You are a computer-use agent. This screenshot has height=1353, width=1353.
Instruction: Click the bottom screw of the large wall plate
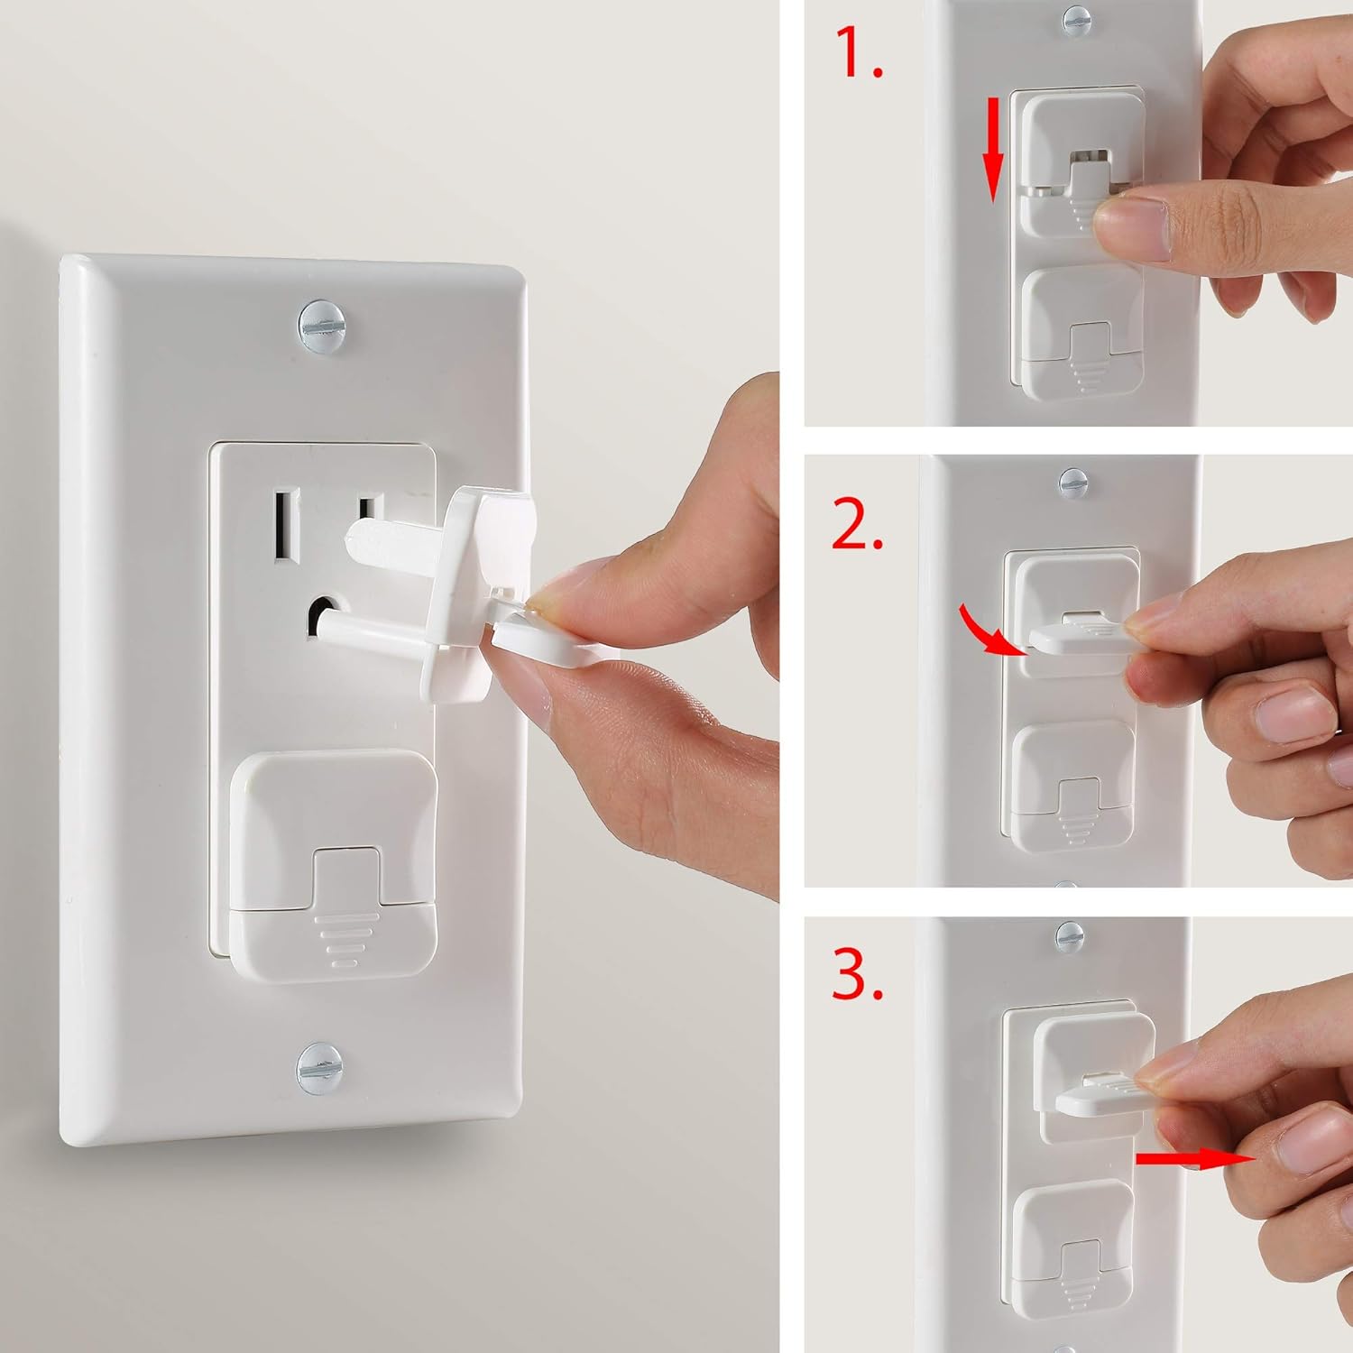[x=314, y=1067]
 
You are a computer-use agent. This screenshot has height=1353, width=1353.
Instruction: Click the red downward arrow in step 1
[x=992, y=150]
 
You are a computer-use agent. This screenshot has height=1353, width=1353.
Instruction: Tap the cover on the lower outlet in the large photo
[x=335, y=865]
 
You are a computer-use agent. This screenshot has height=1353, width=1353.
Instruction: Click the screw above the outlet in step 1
[x=1076, y=20]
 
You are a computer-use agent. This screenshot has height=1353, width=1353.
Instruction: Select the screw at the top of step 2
[x=1073, y=483]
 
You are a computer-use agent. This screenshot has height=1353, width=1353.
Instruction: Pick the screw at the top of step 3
[x=1069, y=935]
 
